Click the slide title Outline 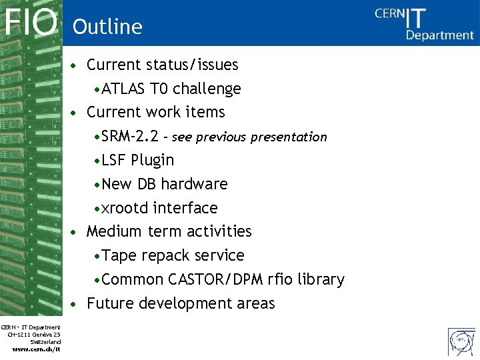[x=107, y=27]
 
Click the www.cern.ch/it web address [x=37, y=349]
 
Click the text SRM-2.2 [x=130, y=137]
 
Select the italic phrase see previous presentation [x=249, y=137]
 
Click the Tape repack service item [x=173, y=255]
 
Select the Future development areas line [x=181, y=303]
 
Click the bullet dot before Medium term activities [x=77, y=232]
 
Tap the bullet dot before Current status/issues [x=77, y=65]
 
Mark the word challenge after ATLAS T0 [x=207, y=89]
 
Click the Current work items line [x=155, y=112]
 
